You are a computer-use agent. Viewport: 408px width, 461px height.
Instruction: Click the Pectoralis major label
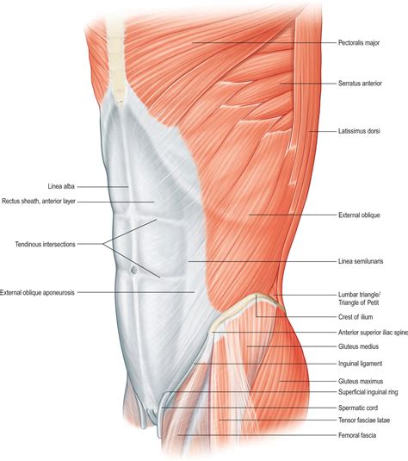359,43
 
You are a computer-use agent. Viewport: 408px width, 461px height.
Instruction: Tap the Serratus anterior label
360,84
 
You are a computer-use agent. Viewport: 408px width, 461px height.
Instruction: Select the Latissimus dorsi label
359,131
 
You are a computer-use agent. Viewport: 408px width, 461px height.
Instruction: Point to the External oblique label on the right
359,215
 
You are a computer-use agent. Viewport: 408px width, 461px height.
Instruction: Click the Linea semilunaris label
361,261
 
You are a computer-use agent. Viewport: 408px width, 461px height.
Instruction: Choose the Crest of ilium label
355,317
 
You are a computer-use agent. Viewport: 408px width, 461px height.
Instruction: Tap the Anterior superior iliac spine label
373,333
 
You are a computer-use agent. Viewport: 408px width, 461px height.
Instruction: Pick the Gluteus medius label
358,346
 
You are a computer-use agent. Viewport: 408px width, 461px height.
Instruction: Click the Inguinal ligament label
360,364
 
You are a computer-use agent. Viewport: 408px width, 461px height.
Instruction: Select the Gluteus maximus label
361,382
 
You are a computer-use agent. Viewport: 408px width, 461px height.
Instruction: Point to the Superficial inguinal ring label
368,392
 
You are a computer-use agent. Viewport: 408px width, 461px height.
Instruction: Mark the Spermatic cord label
358,408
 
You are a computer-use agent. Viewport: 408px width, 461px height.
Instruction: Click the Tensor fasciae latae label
364,421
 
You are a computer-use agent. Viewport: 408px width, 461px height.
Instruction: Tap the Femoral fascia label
357,435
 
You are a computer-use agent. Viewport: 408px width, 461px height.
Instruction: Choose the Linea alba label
61,186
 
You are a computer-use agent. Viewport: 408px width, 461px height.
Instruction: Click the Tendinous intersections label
46,245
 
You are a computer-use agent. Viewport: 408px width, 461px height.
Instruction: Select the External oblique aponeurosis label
37,293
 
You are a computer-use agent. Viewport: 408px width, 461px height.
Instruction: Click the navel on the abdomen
133,270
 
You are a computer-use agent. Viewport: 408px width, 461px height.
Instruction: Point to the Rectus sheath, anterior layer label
39,202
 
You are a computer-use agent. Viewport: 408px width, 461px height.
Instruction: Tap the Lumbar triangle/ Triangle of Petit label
359,299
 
